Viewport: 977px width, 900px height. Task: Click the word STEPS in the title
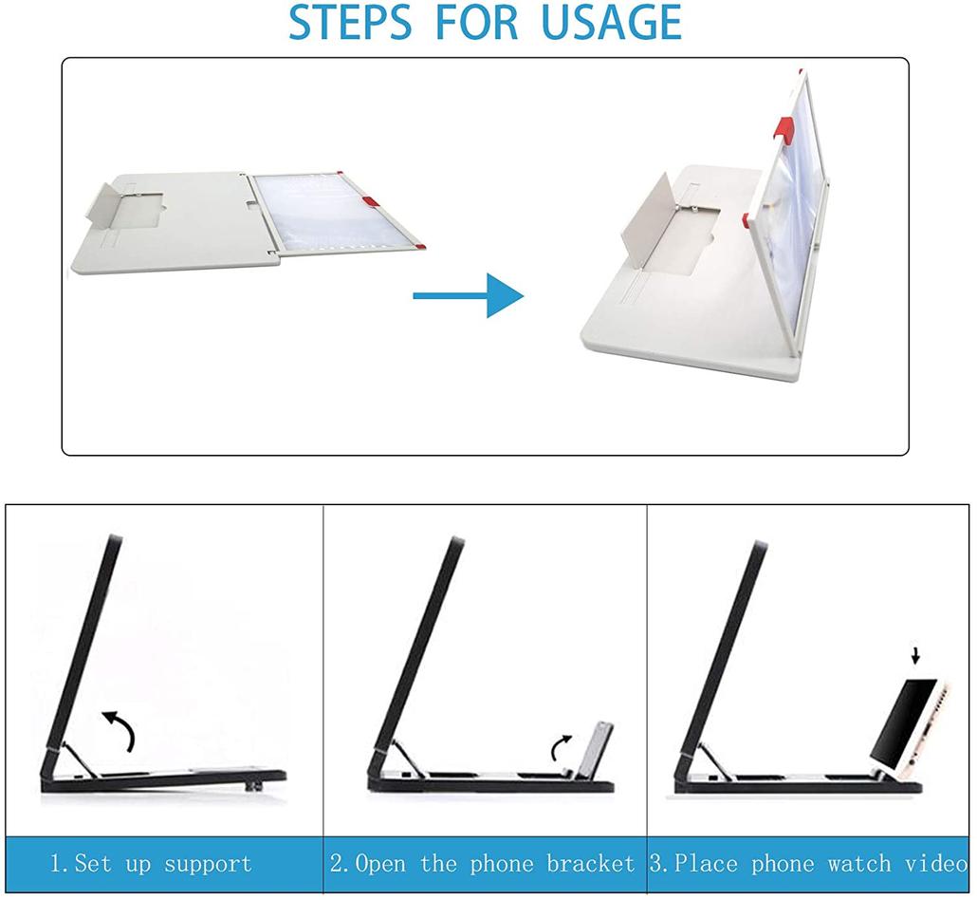pos(350,23)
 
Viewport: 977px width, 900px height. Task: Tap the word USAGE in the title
pos(611,23)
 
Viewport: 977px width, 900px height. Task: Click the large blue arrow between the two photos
pos(468,295)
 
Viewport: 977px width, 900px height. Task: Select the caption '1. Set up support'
pos(151,864)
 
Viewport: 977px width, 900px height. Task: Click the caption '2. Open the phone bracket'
pos(482,864)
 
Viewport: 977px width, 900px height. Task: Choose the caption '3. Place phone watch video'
pos(809,864)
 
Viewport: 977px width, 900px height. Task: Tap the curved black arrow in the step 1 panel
pos(120,730)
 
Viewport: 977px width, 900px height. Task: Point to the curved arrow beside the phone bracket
pos(561,747)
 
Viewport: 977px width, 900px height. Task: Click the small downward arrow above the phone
pos(915,655)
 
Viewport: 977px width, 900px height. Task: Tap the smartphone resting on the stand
pos(910,726)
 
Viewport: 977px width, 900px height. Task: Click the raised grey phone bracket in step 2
pos(595,750)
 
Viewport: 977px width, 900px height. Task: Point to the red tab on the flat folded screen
pos(369,200)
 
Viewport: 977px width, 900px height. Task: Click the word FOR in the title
pos(477,23)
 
